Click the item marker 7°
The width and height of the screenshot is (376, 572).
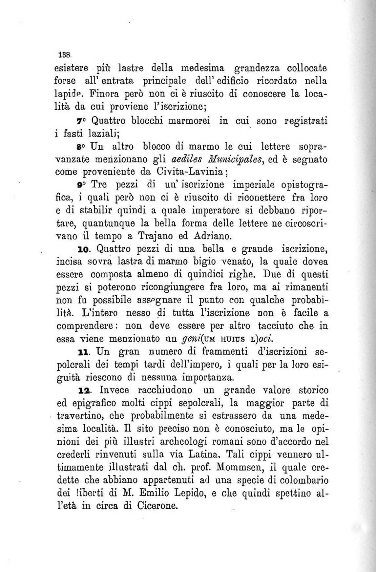(81, 121)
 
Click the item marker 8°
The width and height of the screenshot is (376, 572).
(81, 146)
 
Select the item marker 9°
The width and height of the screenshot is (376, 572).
(81, 185)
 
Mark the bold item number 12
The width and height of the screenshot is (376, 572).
(84, 391)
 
